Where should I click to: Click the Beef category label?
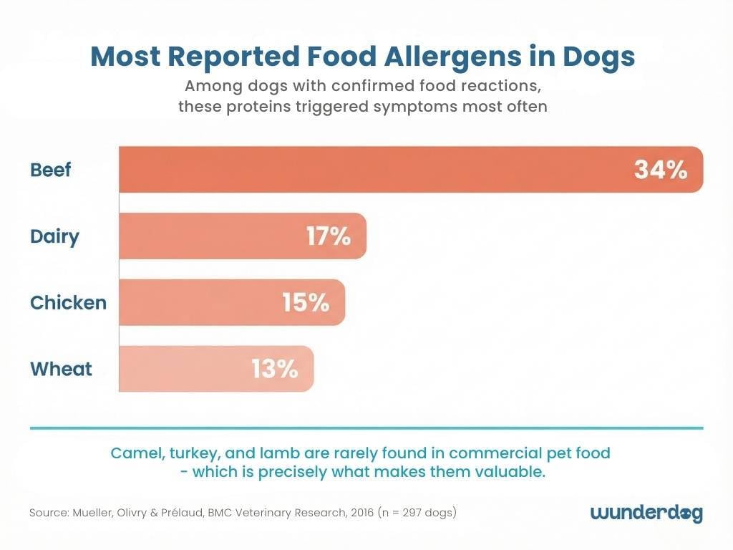point(51,170)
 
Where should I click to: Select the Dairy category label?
point(54,236)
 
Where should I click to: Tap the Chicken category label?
point(68,303)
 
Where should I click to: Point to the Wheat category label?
point(61,370)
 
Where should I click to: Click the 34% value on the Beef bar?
point(661,170)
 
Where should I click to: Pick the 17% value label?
point(329,236)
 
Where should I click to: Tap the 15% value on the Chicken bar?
point(306,303)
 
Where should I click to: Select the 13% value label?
point(274,370)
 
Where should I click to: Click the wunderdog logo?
point(646,513)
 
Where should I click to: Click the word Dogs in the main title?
point(598,57)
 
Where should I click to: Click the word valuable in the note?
point(508,473)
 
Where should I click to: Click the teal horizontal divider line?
point(366,428)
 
